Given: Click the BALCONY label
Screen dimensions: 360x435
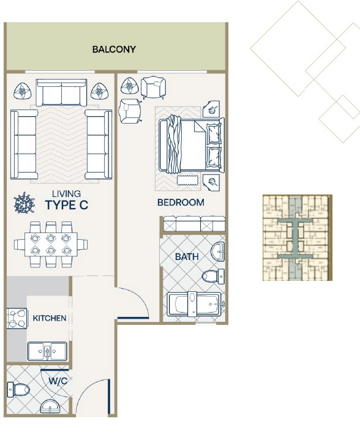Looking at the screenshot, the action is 114,50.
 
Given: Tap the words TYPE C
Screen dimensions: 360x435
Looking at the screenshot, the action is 67,205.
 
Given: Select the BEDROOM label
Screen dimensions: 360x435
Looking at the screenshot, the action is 181,203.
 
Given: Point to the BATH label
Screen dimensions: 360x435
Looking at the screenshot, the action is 187,256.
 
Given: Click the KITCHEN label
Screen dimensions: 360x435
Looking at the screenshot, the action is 50,318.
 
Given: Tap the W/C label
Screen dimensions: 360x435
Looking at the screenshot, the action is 58,381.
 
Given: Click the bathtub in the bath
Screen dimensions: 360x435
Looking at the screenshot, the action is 196,304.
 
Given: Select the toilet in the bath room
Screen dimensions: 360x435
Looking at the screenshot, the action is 213,277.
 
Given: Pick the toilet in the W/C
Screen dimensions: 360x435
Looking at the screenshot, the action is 18,390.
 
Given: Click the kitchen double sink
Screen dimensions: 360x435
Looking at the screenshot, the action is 47,351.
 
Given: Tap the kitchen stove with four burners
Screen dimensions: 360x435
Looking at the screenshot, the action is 17,319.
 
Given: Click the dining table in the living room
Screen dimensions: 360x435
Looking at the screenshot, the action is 51,244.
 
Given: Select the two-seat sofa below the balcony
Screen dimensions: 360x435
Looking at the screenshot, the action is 61,92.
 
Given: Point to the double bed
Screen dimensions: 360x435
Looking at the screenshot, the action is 192,146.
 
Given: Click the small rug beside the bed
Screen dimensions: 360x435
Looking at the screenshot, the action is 187,180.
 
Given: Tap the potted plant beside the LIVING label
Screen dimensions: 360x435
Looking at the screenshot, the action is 24,203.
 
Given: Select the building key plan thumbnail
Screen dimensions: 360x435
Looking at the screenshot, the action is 298,237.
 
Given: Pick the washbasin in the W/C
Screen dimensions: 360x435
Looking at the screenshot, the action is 50,406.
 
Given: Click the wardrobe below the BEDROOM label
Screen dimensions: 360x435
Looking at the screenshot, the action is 194,224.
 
